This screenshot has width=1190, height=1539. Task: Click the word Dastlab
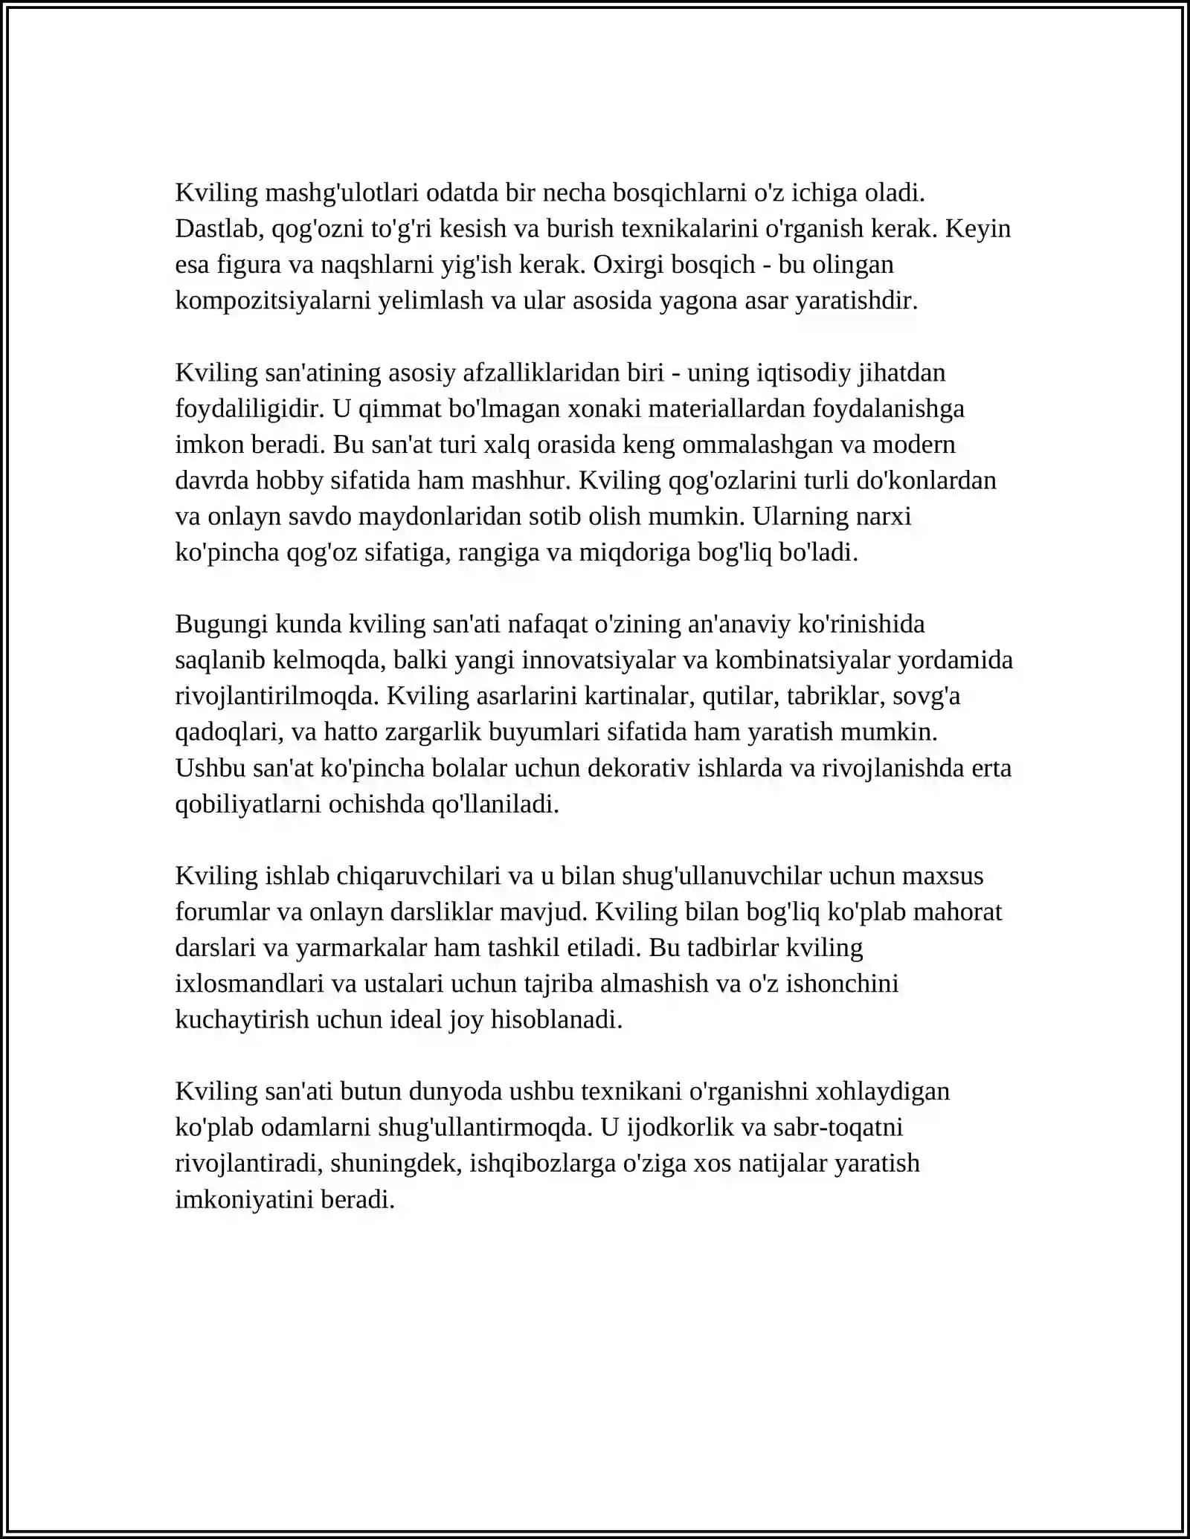coord(216,228)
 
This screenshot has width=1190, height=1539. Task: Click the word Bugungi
coord(221,623)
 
